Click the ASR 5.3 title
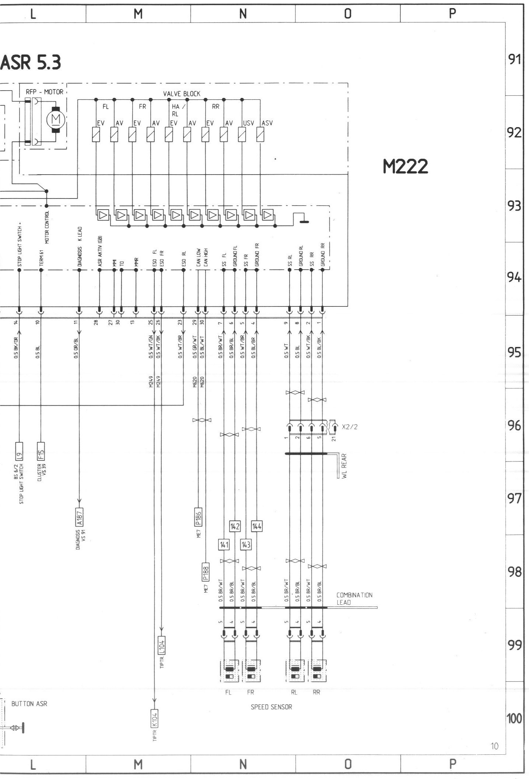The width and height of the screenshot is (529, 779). pos(31,63)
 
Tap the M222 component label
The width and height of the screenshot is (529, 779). pos(405,167)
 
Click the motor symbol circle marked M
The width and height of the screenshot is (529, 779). pos(56,119)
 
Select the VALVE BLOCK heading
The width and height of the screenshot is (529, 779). pos(182,94)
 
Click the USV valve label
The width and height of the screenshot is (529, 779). pos(248,123)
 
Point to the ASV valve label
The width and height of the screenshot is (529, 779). pos(267,123)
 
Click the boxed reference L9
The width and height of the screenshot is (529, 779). pos(20,450)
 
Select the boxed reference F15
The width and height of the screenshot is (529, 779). pos(41,450)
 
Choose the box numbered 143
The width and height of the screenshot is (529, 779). pos(246,544)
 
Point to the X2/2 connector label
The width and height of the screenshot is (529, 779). pos(350,427)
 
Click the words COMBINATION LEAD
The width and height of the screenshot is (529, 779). pos(354,599)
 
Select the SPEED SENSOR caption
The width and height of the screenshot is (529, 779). pos(271,707)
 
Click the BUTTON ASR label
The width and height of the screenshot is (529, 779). pos(29,704)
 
